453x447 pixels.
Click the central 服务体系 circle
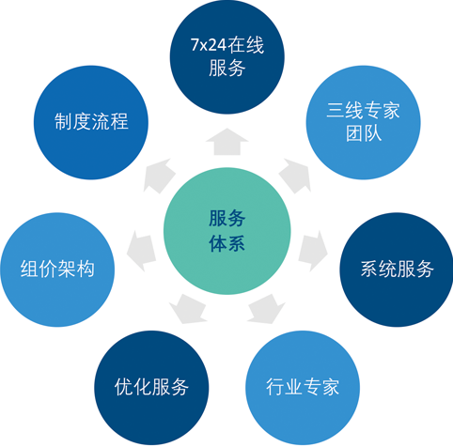point(227,231)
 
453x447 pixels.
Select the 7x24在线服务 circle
point(227,56)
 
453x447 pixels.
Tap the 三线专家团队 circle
point(364,122)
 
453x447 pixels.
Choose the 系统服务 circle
point(397,270)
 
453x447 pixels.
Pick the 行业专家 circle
point(303,388)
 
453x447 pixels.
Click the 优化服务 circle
point(151,388)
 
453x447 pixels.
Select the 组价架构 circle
point(57,270)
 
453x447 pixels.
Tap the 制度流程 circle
point(91,122)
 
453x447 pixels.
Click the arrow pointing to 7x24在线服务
point(227,143)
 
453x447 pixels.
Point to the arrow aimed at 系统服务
point(313,251)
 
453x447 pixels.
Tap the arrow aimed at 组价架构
point(141,251)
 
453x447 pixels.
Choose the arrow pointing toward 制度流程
point(158,176)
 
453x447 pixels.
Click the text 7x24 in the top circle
point(209,45)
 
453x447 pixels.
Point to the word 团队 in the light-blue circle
point(364,133)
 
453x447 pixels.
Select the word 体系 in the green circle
point(227,243)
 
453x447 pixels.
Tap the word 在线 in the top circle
point(246,45)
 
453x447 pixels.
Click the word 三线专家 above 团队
point(364,111)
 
